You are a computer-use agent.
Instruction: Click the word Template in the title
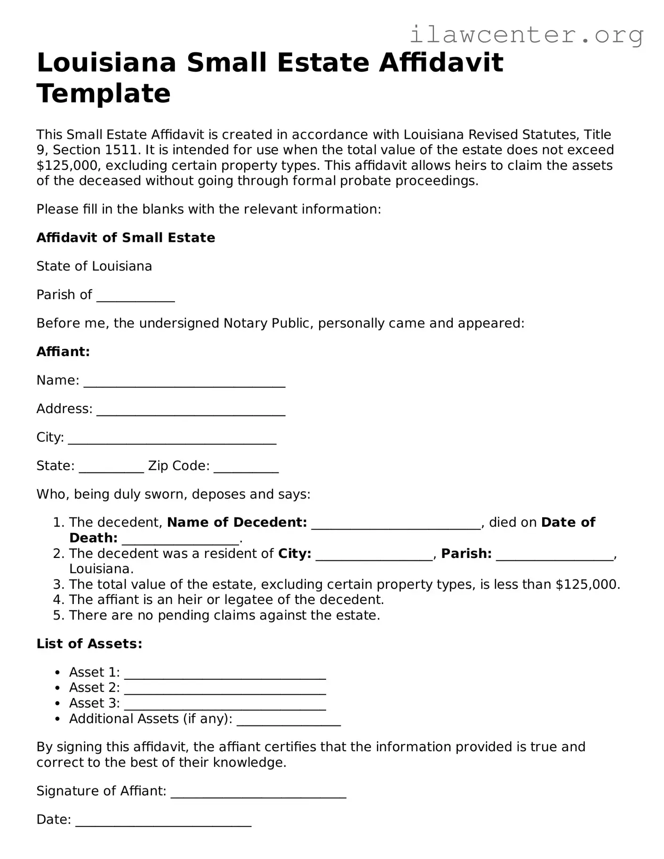(x=104, y=93)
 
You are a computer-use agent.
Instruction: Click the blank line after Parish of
(x=136, y=298)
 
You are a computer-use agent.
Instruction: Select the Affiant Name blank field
(x=184, y=383)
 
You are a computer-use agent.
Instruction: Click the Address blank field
(x=191, y=412)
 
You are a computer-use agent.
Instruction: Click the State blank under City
(x=111, y=469)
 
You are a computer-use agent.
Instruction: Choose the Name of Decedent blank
(x=396, y=525)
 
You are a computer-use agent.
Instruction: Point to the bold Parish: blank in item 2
(x=555, y=557)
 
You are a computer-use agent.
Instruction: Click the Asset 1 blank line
(x=225, y=676)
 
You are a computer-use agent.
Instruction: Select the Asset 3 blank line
(x=225, y=707)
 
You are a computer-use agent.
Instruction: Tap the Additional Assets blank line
(x=288, y=722)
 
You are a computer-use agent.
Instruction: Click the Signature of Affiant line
(x=258, y=795)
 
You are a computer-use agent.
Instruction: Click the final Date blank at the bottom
(x=163, y=823)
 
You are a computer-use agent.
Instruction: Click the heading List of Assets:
(x=89, y=644)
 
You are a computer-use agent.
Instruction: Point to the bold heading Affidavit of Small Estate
(x=126, y=238)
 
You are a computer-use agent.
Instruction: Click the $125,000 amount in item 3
(x=586, y=584)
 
